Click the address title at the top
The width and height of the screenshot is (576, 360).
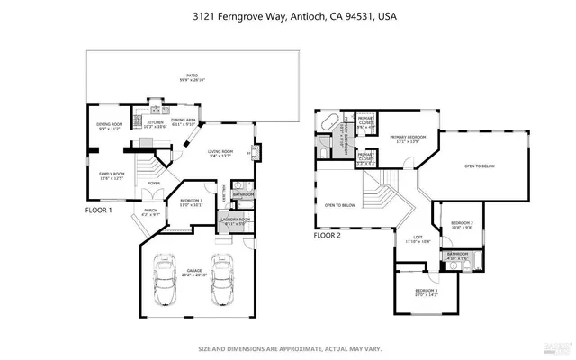288,16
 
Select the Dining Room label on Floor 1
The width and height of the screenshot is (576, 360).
110,127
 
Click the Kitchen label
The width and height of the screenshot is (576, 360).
156,124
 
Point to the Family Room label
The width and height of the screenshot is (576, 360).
112,175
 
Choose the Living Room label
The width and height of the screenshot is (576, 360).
220,153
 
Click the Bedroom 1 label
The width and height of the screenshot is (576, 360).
191,202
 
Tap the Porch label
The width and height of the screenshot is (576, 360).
150,212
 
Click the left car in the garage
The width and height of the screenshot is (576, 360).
166,281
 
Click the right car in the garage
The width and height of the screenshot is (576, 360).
221,281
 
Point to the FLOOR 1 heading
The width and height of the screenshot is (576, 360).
99,210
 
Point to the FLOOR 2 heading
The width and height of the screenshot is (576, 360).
327,235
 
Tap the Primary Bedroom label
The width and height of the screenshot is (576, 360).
409,139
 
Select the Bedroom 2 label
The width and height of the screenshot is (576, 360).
462,224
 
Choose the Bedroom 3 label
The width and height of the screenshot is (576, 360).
427,292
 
